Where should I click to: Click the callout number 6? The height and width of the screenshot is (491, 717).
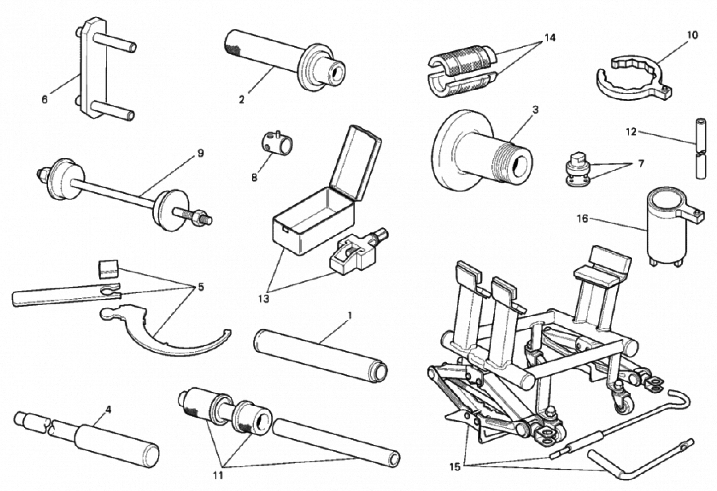[x=45, y=100]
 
